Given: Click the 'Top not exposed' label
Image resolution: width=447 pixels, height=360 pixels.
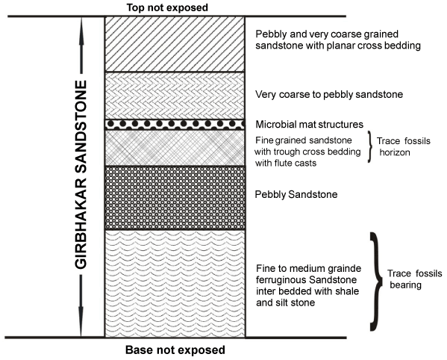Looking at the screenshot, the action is (x=167, y=7).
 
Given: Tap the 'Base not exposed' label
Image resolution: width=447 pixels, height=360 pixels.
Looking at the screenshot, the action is (x=175, y=350).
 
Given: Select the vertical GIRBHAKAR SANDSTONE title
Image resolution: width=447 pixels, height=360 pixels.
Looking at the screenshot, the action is (x=81, y=175).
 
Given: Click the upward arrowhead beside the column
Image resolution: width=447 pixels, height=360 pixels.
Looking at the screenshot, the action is (x=81, y=31).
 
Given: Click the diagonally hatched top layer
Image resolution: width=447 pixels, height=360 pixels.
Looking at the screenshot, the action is (x=175, y=44).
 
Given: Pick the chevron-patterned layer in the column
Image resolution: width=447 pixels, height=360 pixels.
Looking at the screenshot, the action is (x=175, y=96).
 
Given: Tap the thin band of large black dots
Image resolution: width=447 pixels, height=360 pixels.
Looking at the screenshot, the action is (x=175, y=125).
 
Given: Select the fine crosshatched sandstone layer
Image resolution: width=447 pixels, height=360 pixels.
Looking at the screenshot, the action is (x=175, y=148).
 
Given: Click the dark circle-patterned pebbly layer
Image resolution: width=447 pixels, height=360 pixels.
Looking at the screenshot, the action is (x=175, y=198).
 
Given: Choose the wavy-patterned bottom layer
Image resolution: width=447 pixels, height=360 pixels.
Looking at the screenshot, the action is (x=175, y=284).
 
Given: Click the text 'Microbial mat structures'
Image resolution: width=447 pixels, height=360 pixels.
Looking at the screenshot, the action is (x=309, y=125).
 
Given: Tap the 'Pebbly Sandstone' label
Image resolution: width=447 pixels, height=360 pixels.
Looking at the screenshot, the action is (x=296, y=194).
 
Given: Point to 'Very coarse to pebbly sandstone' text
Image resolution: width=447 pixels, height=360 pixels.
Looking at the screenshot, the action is (x=329, y=94).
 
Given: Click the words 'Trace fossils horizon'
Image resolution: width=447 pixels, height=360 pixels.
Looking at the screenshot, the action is (x=404, y=146).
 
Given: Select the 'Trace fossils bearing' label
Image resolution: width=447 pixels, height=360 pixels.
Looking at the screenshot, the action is (x=414, y=279).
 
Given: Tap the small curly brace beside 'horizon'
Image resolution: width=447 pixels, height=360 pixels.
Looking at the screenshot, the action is (x=370, y=146).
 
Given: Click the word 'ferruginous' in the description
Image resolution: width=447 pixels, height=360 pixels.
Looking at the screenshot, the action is (x=282, y=280).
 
